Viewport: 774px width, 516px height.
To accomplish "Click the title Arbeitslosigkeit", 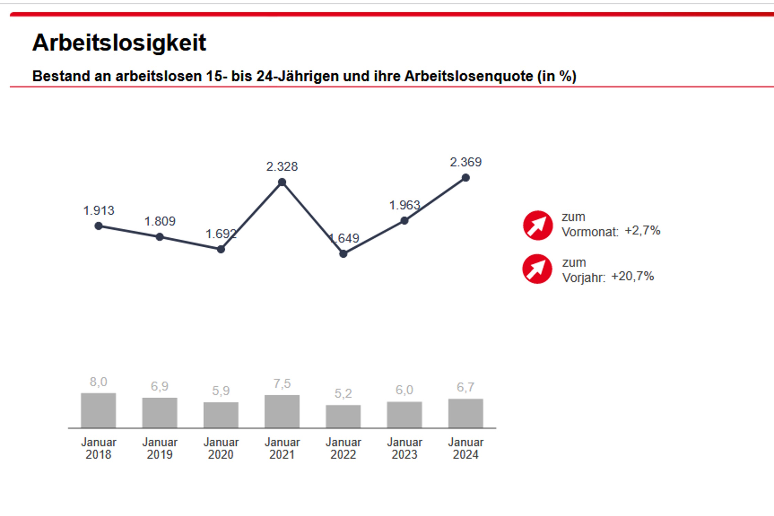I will (x=119, y=43).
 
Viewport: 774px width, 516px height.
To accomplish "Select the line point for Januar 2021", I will (x=282, y=182).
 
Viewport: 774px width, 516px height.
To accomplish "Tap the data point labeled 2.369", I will (x=465, y=178).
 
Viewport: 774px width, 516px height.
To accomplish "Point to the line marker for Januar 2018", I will (x=99, y=226).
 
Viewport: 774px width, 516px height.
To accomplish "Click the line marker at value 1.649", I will (x=343, y=254).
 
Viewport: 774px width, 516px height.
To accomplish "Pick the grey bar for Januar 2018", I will (x=98, y=410).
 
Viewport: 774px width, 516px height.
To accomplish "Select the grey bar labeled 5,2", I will (x=343, y=416).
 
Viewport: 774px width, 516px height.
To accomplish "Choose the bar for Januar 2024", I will (x=465, y=413).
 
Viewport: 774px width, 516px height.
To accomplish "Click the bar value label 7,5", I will (x=282, y=384).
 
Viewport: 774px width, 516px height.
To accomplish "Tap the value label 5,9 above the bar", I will (x=221, y=391).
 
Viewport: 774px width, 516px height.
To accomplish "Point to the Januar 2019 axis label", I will (x=160, y=448).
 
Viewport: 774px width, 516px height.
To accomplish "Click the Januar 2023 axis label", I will (x=405, y=448).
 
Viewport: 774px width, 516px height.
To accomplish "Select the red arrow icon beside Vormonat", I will (x=538, y=225).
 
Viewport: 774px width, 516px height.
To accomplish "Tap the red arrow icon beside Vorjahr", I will (x=537, y=269).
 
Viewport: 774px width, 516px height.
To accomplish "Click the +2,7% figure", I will (x=642, y=230).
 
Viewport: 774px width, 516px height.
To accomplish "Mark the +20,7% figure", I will (x=632, y=276).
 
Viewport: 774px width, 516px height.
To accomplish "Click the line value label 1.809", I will (x=160, y=221).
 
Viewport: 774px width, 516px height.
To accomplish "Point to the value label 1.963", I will (x=405, y=205).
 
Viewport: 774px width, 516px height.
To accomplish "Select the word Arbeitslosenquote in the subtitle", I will (x=469, y=76).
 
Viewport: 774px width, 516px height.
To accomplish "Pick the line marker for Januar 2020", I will (x=221, y=249).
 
